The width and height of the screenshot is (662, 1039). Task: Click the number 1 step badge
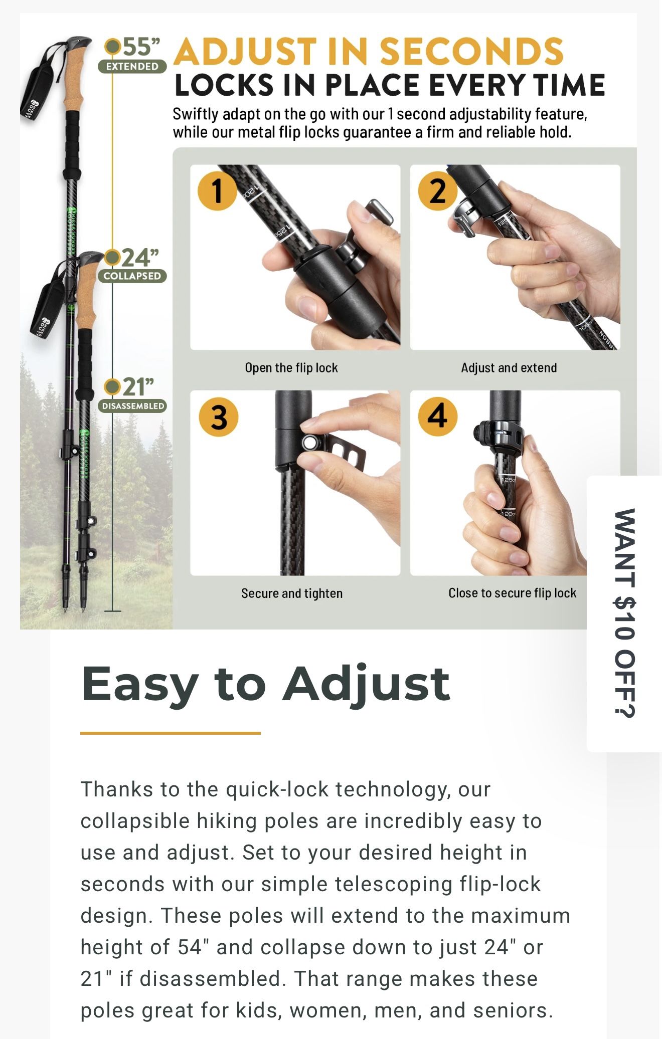(x=217, y=191)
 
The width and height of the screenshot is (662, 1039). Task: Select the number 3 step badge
(x=218, y=417)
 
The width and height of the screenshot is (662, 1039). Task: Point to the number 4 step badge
(x=438, y=417)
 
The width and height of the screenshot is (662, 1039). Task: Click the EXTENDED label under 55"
(x=132, y=66)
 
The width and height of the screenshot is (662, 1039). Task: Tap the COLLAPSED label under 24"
(x=132, y=276)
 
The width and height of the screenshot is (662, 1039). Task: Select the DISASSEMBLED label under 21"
(x=133, y=406)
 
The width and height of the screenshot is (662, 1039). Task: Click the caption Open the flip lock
(x=291, y=368)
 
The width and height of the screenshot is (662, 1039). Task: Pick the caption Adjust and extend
(x=509, y=368)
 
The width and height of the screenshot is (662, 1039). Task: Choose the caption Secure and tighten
(x=292, y=593)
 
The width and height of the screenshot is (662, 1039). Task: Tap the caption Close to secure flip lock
(x=512, y=593)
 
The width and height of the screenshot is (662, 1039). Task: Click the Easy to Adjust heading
(x=266, y=684)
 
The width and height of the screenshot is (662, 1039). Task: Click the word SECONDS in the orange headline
(x=471, y=51)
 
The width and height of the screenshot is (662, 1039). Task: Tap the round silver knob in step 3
(x=309, y=442)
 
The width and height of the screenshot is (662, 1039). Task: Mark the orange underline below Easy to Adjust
(x=171, y=733)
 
